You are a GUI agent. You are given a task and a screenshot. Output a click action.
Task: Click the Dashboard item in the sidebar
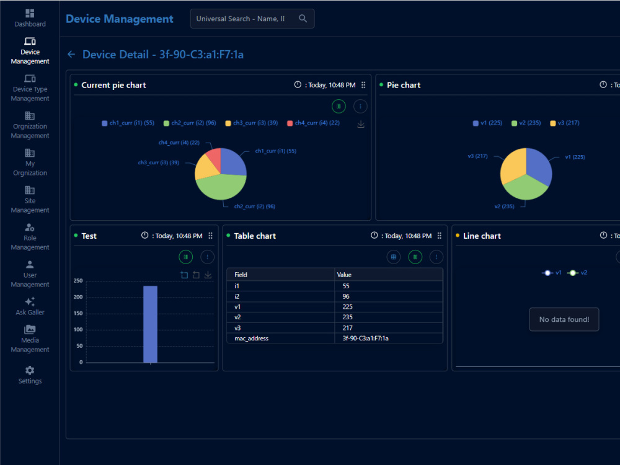(30, 18)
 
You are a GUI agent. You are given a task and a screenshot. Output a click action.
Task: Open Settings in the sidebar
(30, 375)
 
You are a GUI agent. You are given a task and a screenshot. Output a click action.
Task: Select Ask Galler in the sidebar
(30, 306)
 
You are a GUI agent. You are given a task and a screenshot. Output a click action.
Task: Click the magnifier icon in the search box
(303, 19)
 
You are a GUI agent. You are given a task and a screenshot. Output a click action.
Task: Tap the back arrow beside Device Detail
(71, 54)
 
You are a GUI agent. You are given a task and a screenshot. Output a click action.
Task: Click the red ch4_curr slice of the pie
(215, 157)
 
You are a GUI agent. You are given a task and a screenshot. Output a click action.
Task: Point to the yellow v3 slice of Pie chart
(513, 166)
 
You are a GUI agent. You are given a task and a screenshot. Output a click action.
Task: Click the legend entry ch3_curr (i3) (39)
(252, 123)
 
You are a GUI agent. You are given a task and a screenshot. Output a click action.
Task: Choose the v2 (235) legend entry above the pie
(526, 123)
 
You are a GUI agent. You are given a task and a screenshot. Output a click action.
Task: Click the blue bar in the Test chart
(150, 324)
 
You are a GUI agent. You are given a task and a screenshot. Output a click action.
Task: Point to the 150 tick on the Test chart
(78, 313)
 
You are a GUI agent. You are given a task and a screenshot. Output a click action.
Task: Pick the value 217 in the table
(348, 328)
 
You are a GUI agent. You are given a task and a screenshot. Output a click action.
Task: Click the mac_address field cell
(252, 339)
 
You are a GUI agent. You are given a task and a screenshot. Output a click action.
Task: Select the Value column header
(344, 275)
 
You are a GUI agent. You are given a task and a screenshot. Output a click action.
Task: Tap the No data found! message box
(564, 319)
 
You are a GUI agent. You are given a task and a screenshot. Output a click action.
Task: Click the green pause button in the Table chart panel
(415, 257)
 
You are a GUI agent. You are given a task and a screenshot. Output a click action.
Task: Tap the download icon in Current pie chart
(361, 124)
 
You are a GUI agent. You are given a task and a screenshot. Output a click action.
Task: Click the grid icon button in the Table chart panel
(394, 257)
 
